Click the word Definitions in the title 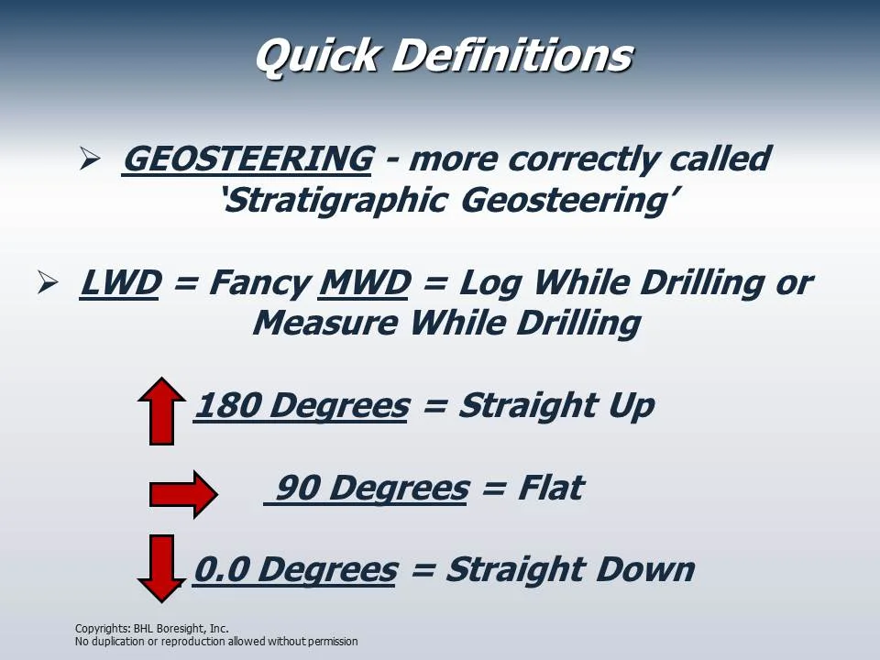coord(511,57)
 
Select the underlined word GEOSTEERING coord(247,159)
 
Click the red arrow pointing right coord(182,494)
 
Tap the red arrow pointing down coord(161,567)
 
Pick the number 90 coord(296,488)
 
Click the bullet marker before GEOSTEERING coord(89,159)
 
